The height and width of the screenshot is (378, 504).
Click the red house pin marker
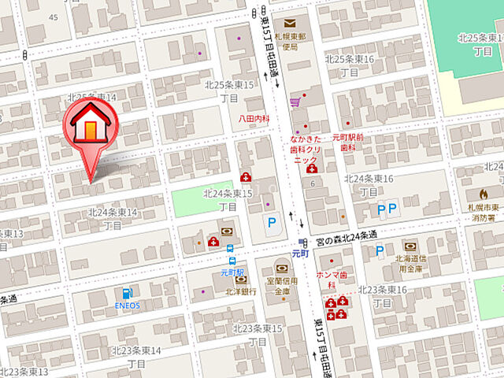(x=90, y=126)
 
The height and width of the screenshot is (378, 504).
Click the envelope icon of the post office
(x=291, y=24)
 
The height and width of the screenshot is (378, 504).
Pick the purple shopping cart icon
(x=295, y=102)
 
